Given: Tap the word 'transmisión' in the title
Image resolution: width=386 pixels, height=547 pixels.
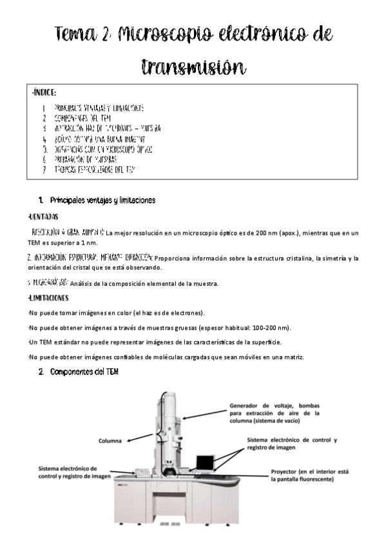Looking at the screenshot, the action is tap(193, 66).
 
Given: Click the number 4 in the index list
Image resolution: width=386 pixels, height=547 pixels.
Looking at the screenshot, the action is tap(44, 139).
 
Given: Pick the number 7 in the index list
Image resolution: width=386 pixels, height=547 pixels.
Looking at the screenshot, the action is tap(44, 169).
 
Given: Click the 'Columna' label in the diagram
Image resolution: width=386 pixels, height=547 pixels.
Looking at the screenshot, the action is tap(111, 441).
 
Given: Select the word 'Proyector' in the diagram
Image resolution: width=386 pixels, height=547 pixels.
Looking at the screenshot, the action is tap(286, 472).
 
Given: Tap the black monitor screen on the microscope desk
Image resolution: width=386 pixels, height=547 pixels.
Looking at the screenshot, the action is tap(206, 462).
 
